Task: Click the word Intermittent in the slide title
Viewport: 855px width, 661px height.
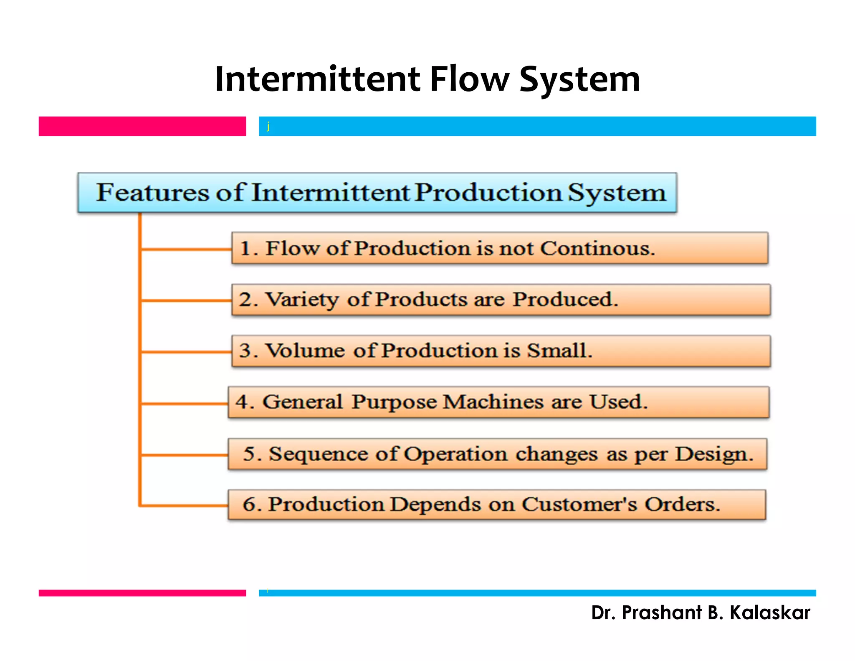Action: pyautogui.click(x=317, y=79)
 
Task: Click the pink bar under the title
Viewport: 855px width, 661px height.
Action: pyautogui.click(x=142, y=126)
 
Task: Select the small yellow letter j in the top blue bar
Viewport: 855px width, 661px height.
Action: pyautogui.click(x=268, y=126)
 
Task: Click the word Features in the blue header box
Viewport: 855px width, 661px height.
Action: pyautogui.click(x=152, y=193)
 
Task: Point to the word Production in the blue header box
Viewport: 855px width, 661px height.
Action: pyautogui.click(x=488, y=193)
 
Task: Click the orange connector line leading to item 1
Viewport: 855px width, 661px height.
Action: pyautogui.click(x=186, y=249)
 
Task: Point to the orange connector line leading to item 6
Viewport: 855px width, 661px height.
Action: pyautogui.click(x=184, y=506)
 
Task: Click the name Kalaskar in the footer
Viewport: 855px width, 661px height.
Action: pyautogui.click(x=769, y=613)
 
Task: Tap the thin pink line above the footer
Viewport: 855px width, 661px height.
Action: pyautogui.click(x=142, y=592)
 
